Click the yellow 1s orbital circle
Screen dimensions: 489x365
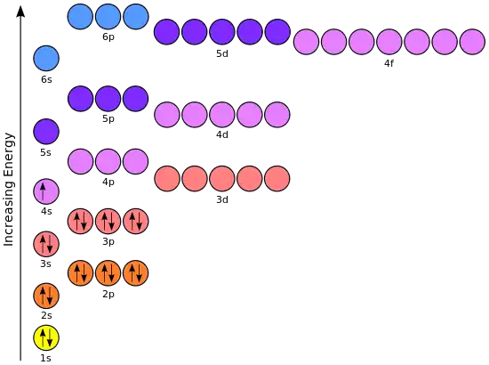pos(46,337)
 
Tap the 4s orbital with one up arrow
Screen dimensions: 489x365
pos(46,191)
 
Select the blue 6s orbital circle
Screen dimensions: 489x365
pos(46,59)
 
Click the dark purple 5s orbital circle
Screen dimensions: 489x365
pos(46,132)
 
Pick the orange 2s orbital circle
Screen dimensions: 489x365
pos(46,296)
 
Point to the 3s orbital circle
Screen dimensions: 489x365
pos(46,244)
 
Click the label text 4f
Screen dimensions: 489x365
pos(389,63)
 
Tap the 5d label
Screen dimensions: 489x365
pos(222,53)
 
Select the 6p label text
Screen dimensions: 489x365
pos(108,36)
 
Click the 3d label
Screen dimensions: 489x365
pos(222,199)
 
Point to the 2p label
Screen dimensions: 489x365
pos(108,294)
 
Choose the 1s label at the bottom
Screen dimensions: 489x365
pos(46,358)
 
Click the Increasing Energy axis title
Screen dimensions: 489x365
pos(9,190)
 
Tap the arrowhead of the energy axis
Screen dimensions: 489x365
pos(20,12)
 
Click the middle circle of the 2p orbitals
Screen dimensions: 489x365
pos(108,273)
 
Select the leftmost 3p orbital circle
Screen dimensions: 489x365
pos(80,221)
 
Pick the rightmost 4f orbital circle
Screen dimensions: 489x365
pos(472,42)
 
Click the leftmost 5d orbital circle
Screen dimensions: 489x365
pos(167,32)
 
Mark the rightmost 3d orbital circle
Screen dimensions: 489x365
pos(277,179)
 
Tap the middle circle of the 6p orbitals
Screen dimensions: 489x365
pos(108,17)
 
